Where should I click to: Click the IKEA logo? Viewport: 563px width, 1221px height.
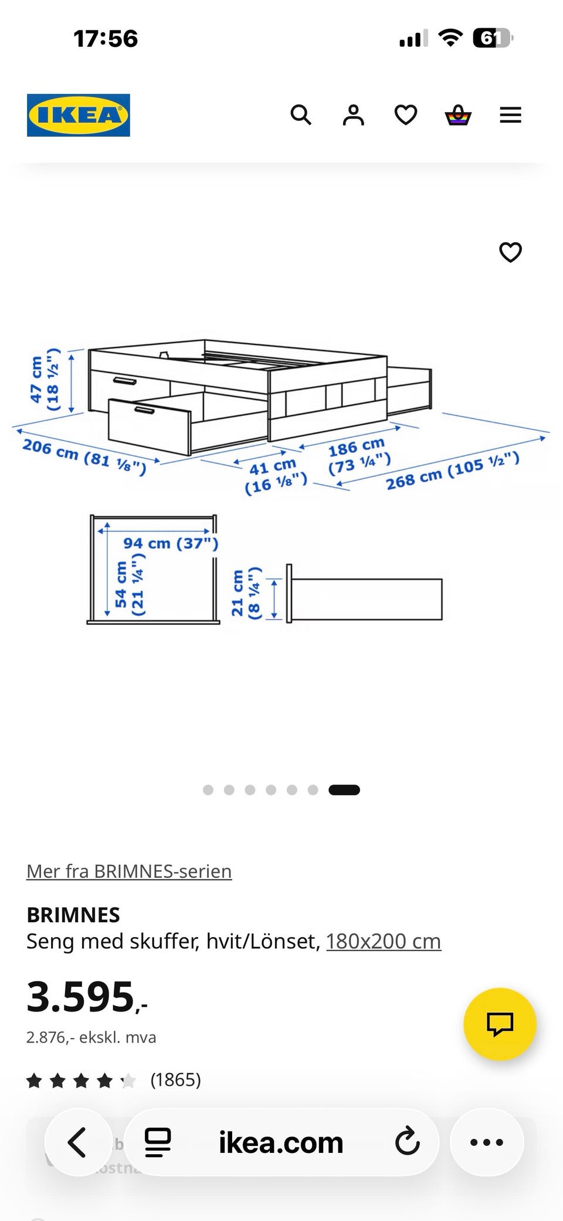click(x=79, y=115)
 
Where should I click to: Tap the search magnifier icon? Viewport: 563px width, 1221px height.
click(x=301, y=115)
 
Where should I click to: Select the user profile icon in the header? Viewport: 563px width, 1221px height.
click(x=353, y=115)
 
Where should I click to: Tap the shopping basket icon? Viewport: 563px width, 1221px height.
click(x=458, y=115)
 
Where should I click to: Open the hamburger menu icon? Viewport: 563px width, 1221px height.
click(x=510, y=115)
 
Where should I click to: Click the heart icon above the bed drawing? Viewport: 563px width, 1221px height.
click(x=510, y=252)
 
